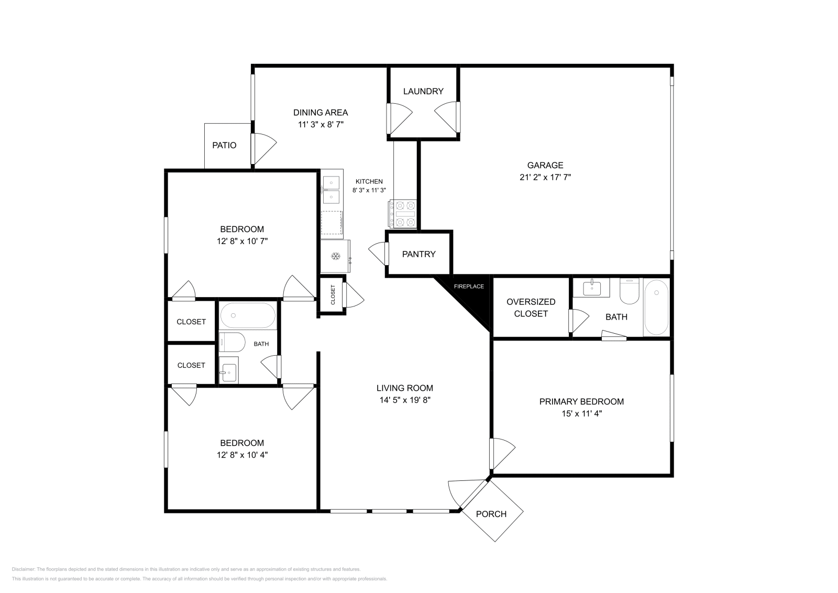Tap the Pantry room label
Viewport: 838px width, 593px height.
[418, 254]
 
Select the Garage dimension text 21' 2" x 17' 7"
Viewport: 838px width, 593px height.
[545, 177]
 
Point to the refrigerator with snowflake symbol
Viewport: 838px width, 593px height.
[335, 256]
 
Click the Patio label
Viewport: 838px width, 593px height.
[224, 145]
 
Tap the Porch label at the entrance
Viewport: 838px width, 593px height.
[491, 514]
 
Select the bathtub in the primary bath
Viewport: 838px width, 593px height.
[656, 308]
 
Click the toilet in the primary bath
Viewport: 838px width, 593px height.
[629, 291]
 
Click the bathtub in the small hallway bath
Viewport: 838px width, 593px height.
[247, 315]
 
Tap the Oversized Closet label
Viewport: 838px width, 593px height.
[531, 308]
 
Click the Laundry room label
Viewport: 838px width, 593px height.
[423, 91]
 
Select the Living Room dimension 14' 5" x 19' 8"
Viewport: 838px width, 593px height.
[404, 400]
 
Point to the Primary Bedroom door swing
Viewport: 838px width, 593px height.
[503, 453]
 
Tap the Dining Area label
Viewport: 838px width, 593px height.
[320, 112]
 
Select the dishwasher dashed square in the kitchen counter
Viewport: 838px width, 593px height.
[332, 222]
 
